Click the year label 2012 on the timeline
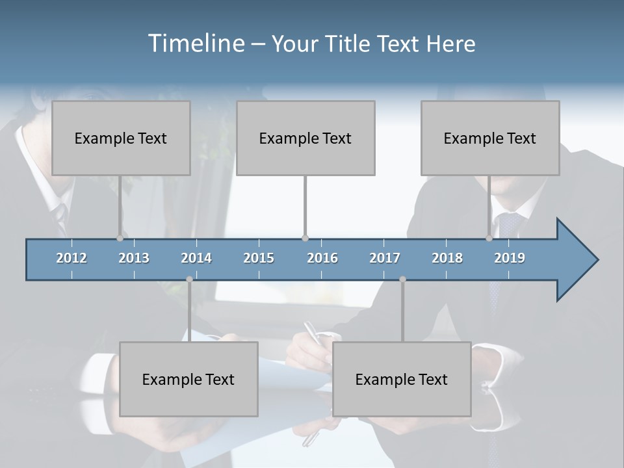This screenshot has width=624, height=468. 71,258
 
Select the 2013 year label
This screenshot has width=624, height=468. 134,258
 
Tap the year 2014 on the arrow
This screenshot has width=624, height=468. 196,258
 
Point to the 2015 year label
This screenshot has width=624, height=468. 259,258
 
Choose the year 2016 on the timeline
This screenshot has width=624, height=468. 322,258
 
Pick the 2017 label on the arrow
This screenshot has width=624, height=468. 385,258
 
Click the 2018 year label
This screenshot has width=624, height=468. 447,258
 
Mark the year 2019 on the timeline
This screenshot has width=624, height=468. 510,258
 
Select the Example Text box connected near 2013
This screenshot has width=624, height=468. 121,138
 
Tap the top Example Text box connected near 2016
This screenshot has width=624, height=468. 305,138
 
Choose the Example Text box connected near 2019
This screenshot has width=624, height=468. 490,138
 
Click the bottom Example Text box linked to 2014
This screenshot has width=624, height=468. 188,379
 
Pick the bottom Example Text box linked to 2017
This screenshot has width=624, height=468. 402,379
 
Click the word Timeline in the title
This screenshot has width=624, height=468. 195,44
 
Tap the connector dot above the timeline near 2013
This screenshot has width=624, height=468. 120,238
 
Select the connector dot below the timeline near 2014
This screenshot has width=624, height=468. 189,279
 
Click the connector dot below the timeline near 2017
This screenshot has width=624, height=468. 402,279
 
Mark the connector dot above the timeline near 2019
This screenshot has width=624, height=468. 489,238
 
